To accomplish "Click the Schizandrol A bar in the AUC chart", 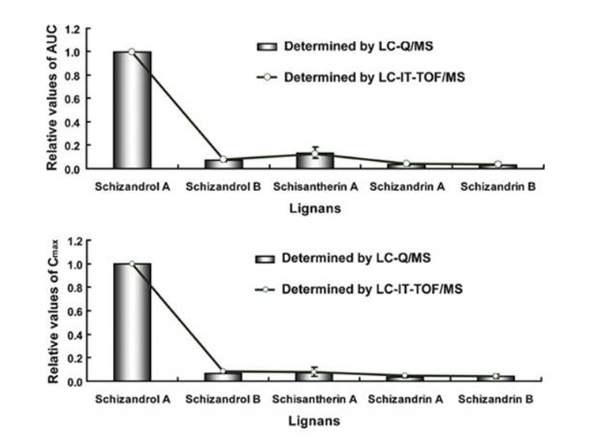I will click(132, 110).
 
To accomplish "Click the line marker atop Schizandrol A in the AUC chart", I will click(132, 52).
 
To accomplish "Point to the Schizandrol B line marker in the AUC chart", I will click(223, 159).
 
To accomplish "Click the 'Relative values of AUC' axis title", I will click(52, 99).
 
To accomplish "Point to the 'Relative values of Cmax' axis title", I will click(52, 310).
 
